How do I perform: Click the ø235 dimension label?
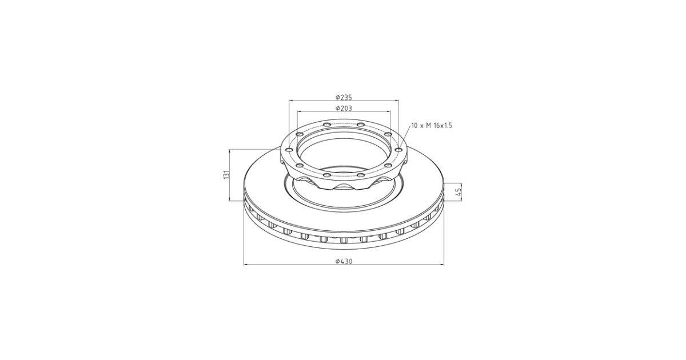[344, 97]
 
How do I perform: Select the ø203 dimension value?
[344, 109]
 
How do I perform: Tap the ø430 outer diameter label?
[344, 261]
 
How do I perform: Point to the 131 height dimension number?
[226, 174]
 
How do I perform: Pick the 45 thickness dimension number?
[458, 192]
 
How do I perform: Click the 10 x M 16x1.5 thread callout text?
[432, 126]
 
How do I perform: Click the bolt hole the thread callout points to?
[398, 150]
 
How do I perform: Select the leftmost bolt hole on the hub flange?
[289, 150]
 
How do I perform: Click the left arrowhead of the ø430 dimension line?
[246, 264]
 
